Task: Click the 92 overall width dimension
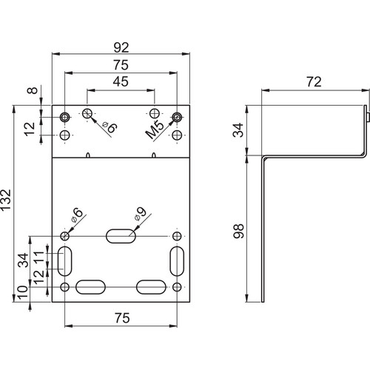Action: click(x=121, y=47)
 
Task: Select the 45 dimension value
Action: click(x=121, y=81)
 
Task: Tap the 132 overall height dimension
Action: click(x=6, y=200)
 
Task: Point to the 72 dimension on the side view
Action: click(x=314, y=82)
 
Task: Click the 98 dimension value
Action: click(x=238, y=231)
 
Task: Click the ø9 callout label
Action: click(x=140, y=213)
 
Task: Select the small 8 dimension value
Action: click(x=33, y=90)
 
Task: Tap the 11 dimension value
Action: click(x=38, y=258)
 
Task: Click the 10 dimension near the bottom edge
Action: click(x=22, y=292)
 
